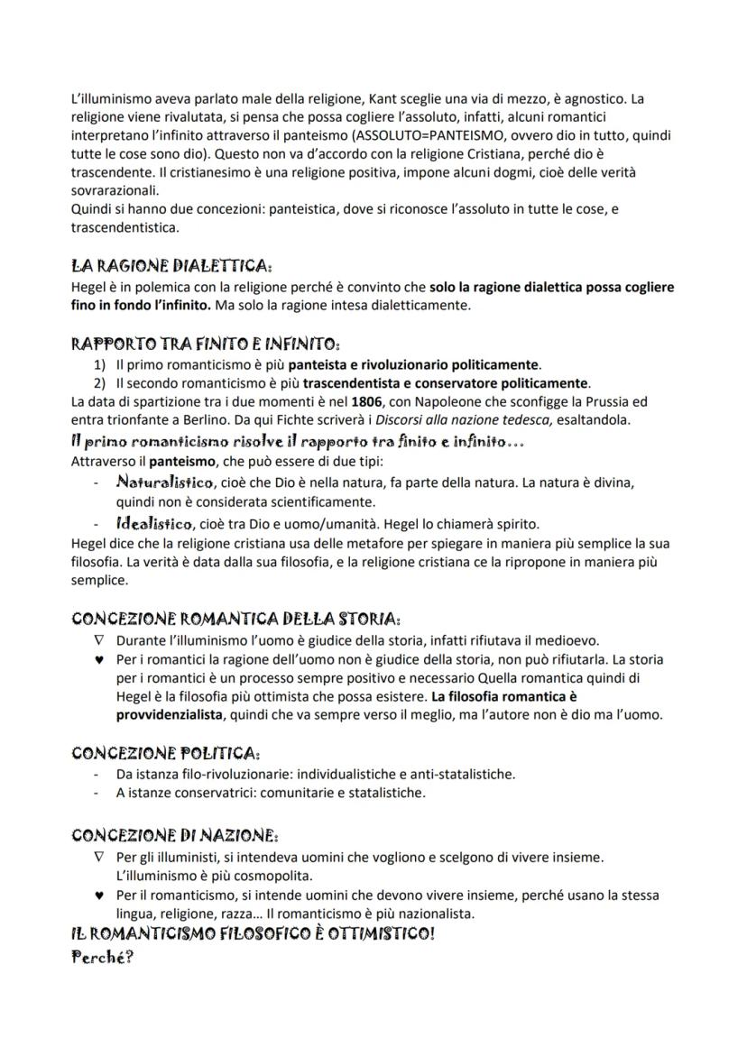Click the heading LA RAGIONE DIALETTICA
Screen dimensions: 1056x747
coord(171,266)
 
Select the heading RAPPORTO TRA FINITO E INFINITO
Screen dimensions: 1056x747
coord(205,344)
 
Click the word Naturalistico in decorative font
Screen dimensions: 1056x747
coord(165,482)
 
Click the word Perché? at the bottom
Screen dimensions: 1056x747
coord(102,957)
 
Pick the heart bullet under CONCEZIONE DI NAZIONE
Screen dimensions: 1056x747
coord(100,895)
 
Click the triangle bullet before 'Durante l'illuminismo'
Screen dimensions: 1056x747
coord(100,640)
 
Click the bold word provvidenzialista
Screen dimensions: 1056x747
coord(170,714)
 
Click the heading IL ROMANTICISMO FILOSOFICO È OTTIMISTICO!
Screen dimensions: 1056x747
coord(253,934)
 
